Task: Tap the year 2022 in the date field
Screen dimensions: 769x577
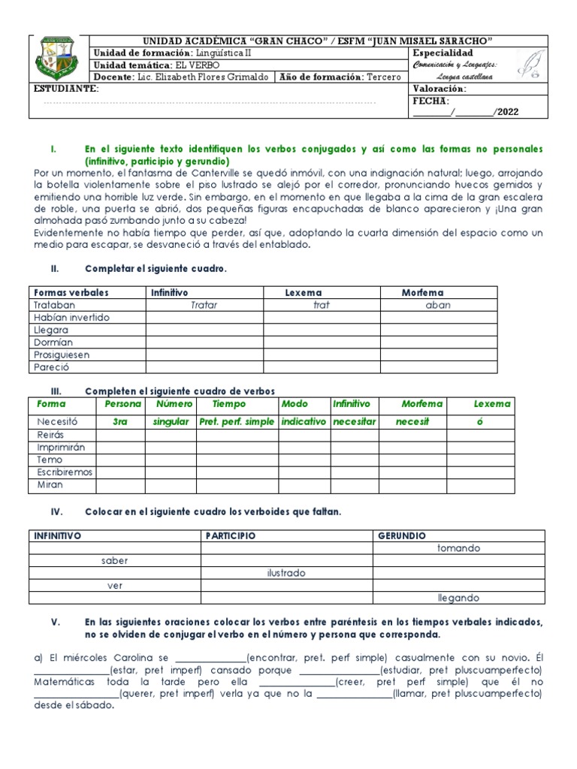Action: click(507, 113)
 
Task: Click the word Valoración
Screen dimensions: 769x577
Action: click(440, 89)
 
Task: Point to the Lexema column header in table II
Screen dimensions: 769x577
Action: click(304, 292)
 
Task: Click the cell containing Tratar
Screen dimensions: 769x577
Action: click(204, 305)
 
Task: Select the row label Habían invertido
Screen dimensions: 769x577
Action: click(71, 317)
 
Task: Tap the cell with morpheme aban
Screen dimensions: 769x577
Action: click(438, 305)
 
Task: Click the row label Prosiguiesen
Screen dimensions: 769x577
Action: click(62, 354)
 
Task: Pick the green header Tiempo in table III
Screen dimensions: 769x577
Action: click(228, 404)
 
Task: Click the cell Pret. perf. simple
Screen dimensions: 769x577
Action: click(237, 421)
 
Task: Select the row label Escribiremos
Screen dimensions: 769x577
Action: click(65, 472)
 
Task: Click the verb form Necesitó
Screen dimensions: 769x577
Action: click(57, 421)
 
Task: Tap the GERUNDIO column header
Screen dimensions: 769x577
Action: click(402, 535)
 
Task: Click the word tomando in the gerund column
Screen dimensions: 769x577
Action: click(458, 548)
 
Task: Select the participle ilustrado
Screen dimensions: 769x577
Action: click(285, 573)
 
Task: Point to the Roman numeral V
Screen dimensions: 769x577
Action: click(55, 622)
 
